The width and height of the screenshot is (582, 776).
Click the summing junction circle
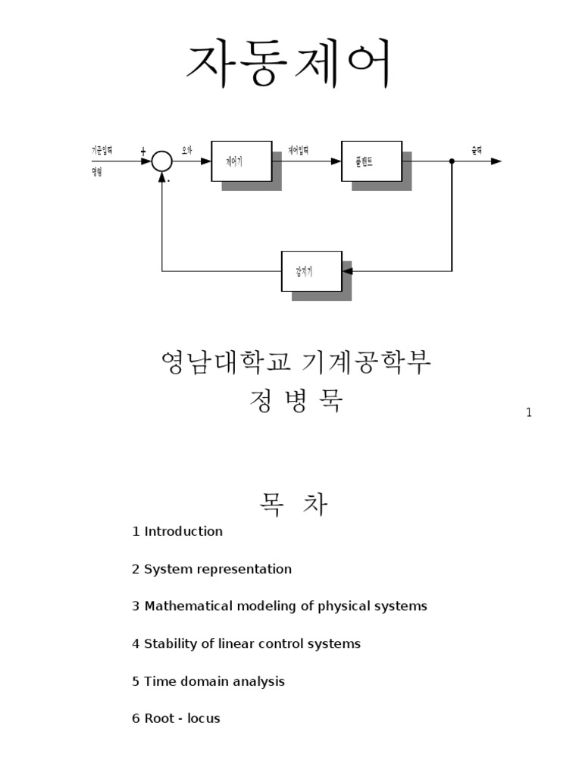pyautogui.click(x=161, y=161)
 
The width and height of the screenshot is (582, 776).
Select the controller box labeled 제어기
pyautogui.click(x=241, y=161)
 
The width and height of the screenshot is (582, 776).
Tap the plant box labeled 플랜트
pyautogui.click(x=372, y=161)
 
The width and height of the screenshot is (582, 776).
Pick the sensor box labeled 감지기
pyautogui.click(x=311, y=271)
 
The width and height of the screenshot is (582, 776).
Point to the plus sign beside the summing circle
pyautogui.click(x=143, y=152)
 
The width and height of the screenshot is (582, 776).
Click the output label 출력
pyautogui.click(x=477, y=151)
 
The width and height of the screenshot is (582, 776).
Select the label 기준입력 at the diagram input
pyautogui.click(x=102, y=151)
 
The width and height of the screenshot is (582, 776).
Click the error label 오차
pyautogui.click(x=186, y=151)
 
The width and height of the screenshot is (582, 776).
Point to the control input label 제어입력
pyautogui.click(x=299, y=151)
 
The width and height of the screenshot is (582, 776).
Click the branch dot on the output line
pyautogui.click(x=452, y=161)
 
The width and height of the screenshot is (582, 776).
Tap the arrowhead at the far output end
pyautogui.click(x=496, y=161)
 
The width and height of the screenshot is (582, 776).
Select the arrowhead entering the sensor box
pyautogui.click(x=348, y=271)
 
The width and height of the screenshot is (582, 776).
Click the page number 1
pyautogui.click(x=529, y=412)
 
